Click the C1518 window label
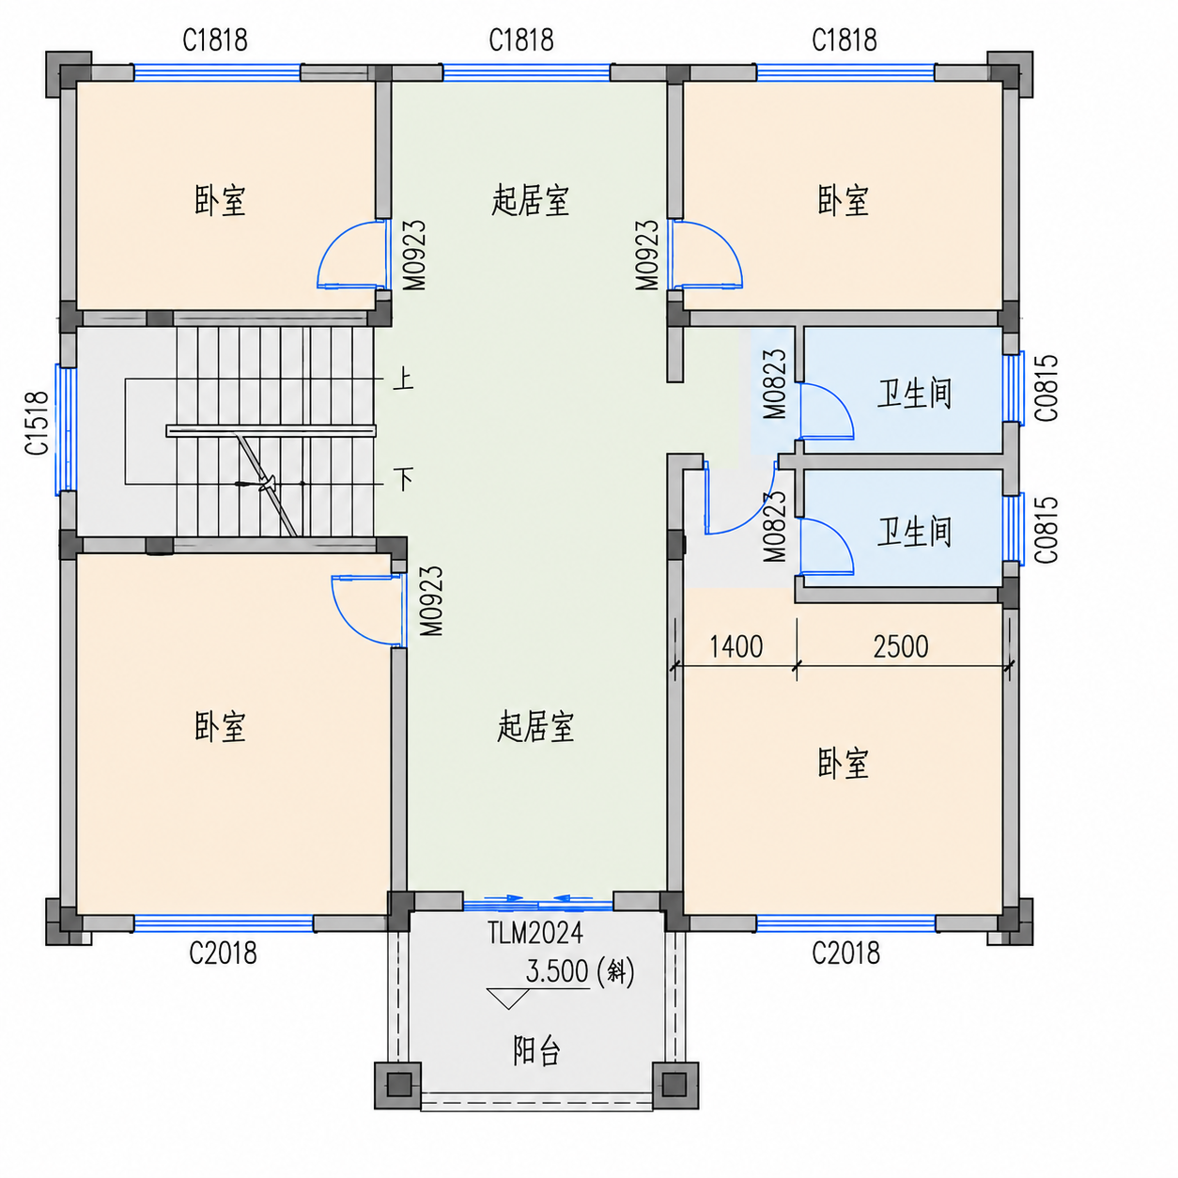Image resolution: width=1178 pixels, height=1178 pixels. point(37,423)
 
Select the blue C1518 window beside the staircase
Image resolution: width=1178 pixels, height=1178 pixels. point(66,429)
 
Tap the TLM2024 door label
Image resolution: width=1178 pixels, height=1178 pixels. point(535,933)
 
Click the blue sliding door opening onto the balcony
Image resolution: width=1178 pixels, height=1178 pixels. point(538,904)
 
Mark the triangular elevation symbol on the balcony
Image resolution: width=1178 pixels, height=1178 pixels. point(508,998)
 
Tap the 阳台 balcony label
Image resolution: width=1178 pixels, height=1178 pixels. point(536,1050)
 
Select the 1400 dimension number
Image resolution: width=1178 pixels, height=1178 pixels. point(736,646)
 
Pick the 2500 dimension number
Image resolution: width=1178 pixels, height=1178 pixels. point(901,646)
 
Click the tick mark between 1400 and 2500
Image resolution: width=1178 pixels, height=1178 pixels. point(797,665)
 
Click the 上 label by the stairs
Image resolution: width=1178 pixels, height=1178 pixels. point(403,379)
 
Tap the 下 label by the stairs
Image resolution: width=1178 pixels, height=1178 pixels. point(403,478)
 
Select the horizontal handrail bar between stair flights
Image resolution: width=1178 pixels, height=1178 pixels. point(271,431)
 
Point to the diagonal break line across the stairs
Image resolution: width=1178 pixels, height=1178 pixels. point(267,484)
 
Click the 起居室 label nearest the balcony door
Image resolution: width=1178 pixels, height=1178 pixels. point(535,727)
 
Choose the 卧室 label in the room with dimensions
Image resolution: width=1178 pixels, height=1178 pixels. point(843,764)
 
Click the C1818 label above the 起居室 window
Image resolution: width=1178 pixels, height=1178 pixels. point(521,40)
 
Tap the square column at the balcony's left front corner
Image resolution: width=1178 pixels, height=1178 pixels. point(398,1085)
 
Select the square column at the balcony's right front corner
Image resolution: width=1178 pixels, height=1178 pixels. point(675,1085)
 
